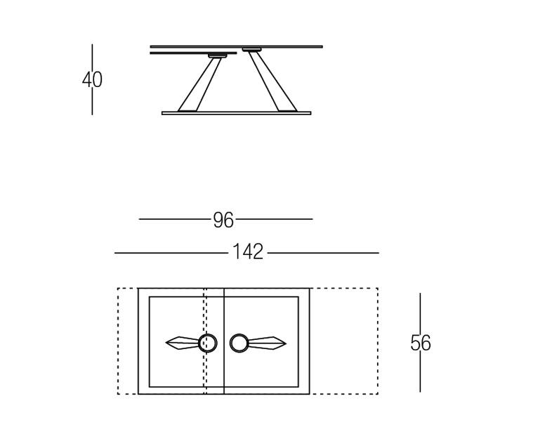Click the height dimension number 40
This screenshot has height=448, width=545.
tap(92, 80)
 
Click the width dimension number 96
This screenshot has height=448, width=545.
tap(223, 220)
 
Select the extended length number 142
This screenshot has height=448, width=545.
tap(248, 252)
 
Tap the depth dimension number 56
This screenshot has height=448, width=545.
tap(420, 343)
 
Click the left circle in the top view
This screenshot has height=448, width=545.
tap(207, 343)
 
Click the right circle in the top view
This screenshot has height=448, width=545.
tap(239, 343)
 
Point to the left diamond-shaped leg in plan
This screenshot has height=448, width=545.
tap(182, 343)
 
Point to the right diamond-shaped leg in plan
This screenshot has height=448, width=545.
tap(268, 343)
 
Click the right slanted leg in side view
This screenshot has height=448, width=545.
tap(272, 81)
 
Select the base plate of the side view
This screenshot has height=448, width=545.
tap(236, 112)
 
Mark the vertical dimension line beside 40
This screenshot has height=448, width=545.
tap(92, 56)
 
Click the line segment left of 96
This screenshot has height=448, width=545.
tap(174, 219)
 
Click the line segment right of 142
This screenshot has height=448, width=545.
tap(323, 253)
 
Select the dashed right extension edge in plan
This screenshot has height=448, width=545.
tap(377, 341)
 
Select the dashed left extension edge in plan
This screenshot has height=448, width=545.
tap(118, 341)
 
